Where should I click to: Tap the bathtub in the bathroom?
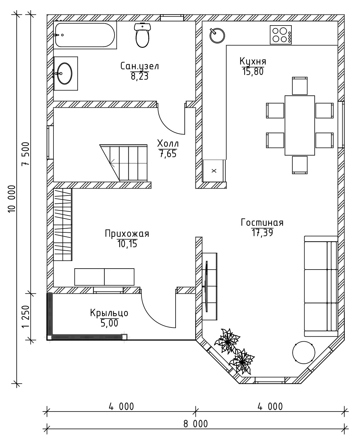click(85, 35)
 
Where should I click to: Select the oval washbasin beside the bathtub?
click(65, 73)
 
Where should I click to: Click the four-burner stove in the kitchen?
click(281, 35)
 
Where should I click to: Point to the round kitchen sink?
click(217, 36)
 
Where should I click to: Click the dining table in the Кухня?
click(300, 125)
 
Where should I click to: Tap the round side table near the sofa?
click(304, 352)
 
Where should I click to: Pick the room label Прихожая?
click(127, 233)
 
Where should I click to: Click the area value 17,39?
click(262, 233)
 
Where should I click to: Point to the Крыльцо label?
click(109, 313)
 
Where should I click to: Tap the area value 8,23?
click(140, 77)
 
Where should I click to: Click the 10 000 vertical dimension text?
click(12, 199)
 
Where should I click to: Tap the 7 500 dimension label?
click(26, 154)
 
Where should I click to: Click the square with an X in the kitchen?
click(214, 171)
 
